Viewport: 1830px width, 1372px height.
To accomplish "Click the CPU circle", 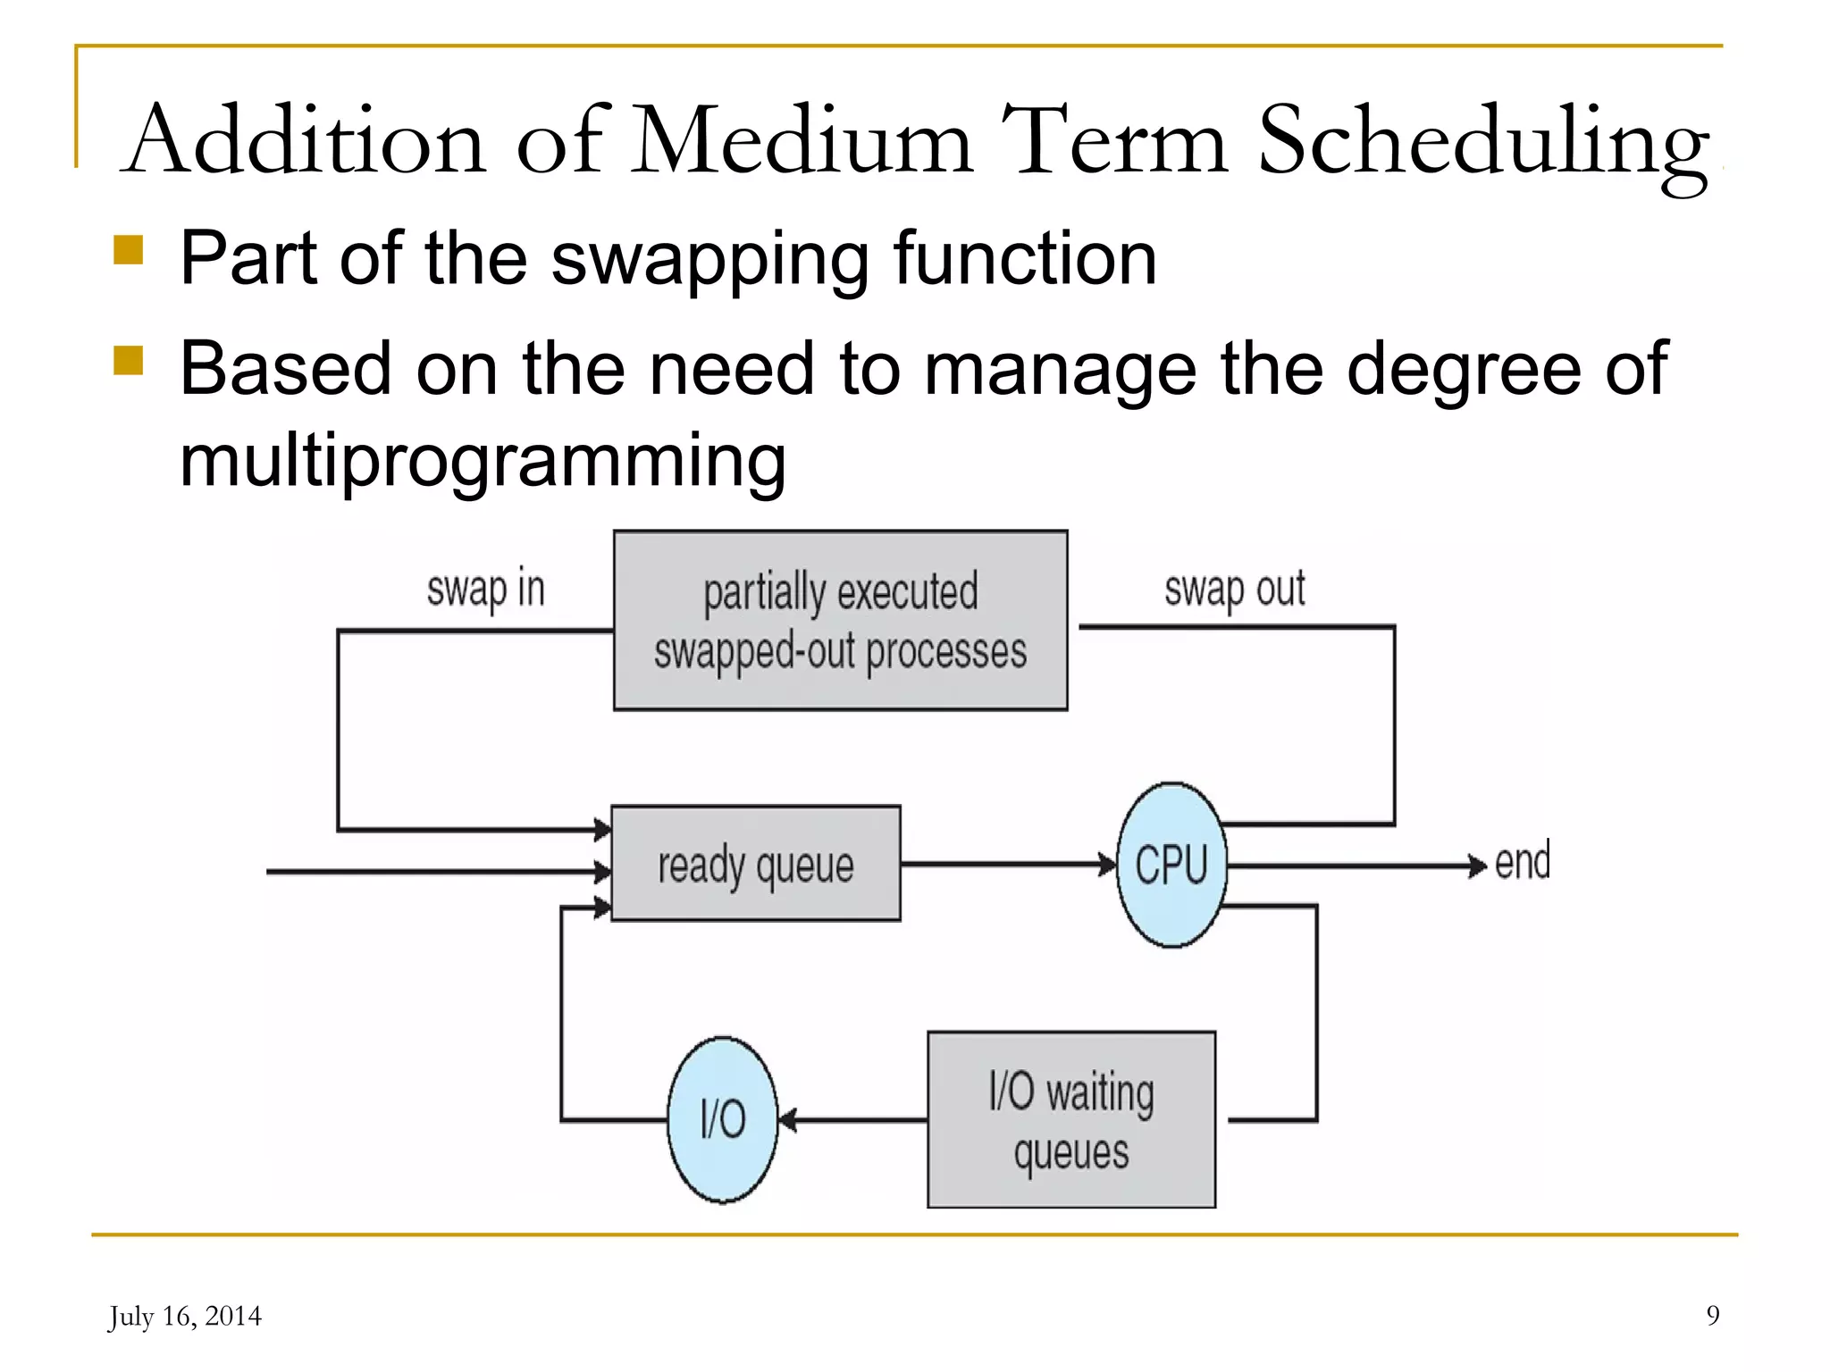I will tap(1171, 865).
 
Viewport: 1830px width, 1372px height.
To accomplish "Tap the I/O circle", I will tap(722, 1119).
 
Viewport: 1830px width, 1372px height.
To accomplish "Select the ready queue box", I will tap(756, 864).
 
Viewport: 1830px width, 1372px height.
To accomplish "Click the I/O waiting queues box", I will tap(1071, 1120).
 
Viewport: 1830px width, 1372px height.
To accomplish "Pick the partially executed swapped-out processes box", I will tap(840, 621).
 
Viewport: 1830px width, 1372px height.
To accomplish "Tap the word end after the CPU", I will tap(1522, 862).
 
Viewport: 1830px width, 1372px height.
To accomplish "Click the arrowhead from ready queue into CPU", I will tap(1108, 864).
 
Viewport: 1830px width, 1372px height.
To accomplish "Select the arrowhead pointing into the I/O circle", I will tap(787, 1119).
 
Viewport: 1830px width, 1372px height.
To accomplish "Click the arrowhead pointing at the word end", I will tap(1477, 866).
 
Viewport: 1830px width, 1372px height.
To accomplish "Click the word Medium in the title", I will tap(802, 141).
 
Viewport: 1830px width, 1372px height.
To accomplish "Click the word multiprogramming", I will tap(483, 462).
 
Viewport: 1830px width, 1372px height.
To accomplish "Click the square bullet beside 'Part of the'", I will tap(129, 250).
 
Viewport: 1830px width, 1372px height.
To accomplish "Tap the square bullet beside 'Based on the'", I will tap(129, 361).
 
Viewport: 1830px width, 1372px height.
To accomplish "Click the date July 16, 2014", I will tap(185, 1317).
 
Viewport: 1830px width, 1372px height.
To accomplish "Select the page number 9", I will tap(1712, 1315).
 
